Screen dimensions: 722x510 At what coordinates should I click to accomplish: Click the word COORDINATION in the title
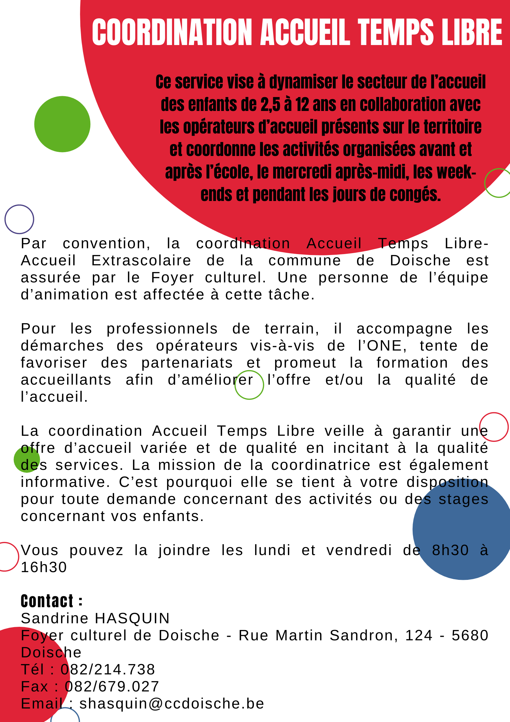[x=172, y=32]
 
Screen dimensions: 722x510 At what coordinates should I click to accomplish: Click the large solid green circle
[x=62, y=124]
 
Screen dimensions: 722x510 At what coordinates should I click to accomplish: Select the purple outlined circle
[x=19, y=219]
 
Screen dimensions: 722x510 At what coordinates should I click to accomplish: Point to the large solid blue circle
[x=463, y=529]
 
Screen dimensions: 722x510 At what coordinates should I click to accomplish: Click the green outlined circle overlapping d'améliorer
[x=249, y=385]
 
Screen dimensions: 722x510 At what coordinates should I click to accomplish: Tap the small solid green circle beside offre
[x=27, y=459]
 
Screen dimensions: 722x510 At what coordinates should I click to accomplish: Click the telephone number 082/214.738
[x=108, y=669]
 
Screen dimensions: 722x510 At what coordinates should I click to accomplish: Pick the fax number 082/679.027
[x=112, y=686]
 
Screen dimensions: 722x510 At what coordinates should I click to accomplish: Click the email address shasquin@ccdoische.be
[x=172, y=703]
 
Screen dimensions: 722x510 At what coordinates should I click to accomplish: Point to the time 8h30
[x=450, y=550]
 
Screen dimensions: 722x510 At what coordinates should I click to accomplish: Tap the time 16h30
[x=44, y=567]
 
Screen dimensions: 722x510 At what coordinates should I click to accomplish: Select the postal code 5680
[x=470, y=635]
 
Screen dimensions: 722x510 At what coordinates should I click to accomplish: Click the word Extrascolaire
[x=141, y=260]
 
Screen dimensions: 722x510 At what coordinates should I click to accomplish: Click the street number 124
[x=419, y=635]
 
